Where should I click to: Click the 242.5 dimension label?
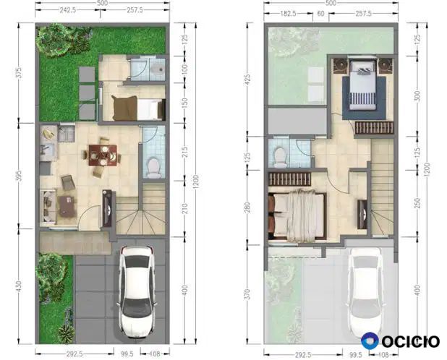click(x=67, y=10)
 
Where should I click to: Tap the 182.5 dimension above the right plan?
click(x=288, y=14)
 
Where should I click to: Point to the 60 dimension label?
click(x=320, y=14)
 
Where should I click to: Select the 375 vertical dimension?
click(x=19, y=72)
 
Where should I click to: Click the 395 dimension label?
click(x=19, y=176)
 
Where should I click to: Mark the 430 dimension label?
click(x=19, y=286)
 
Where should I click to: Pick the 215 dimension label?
click(x=184, y=152)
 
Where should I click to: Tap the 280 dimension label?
click(x=247, y=207)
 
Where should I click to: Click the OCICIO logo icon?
click(x=370, y=340)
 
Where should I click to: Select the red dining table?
click(x=103, y=155)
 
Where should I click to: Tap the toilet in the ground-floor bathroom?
click(x=154, y=168)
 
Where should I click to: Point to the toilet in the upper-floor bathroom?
click(x=280, y=158)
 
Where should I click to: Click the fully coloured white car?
click(x=137, y=291)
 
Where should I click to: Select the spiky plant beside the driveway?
click(x=67, y=334)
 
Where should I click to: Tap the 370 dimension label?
click(x=247, y=294)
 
